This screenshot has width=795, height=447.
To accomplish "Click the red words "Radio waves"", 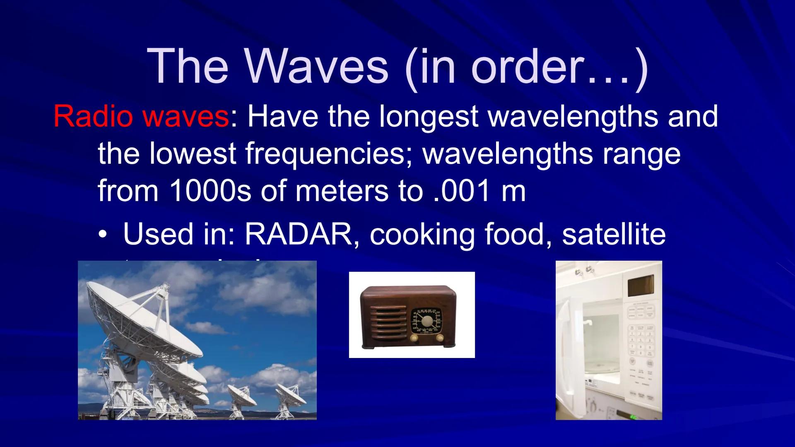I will (x=141, y=116).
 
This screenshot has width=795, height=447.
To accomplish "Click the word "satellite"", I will (x=614, y=234).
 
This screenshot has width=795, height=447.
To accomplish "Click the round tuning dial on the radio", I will (x=426, y=321).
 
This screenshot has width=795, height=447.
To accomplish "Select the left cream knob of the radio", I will (x=414, y=338).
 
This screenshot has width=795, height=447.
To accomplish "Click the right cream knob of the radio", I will (x=440, y=338).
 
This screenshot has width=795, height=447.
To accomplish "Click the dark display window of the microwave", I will (x=640, y=286).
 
